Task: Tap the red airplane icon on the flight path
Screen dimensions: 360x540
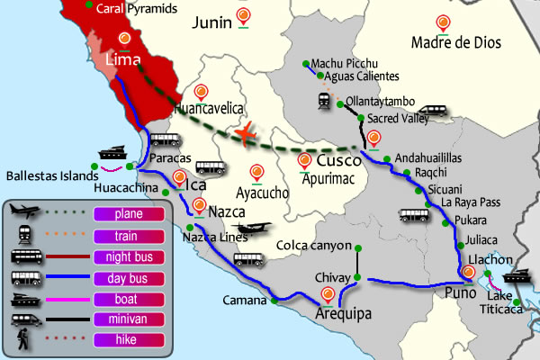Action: tap(246, 132)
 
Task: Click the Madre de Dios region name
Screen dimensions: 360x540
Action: tap(454, 42)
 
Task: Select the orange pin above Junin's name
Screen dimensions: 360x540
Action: tap(244, 15)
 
